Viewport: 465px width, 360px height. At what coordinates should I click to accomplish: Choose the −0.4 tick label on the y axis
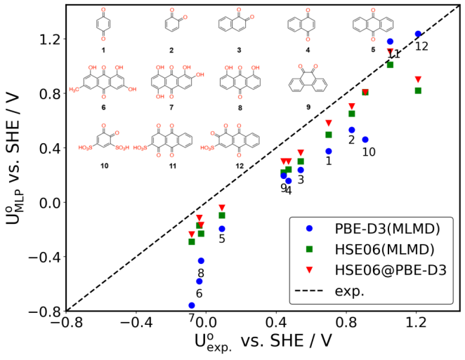tap(41, 257)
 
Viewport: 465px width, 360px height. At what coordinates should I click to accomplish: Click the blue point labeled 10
tap(365, 140)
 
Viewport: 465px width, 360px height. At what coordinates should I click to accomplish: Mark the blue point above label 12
tap(418, 34)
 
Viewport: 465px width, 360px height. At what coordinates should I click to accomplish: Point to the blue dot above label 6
tap(199, 281)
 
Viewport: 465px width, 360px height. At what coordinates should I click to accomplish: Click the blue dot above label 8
tap(201, 260)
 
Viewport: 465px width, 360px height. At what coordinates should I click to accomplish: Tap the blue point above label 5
tap(222, 229)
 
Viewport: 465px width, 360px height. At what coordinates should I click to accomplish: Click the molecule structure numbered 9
tap(308, 91)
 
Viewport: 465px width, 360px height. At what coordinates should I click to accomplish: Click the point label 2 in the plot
tap(351, 140)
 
